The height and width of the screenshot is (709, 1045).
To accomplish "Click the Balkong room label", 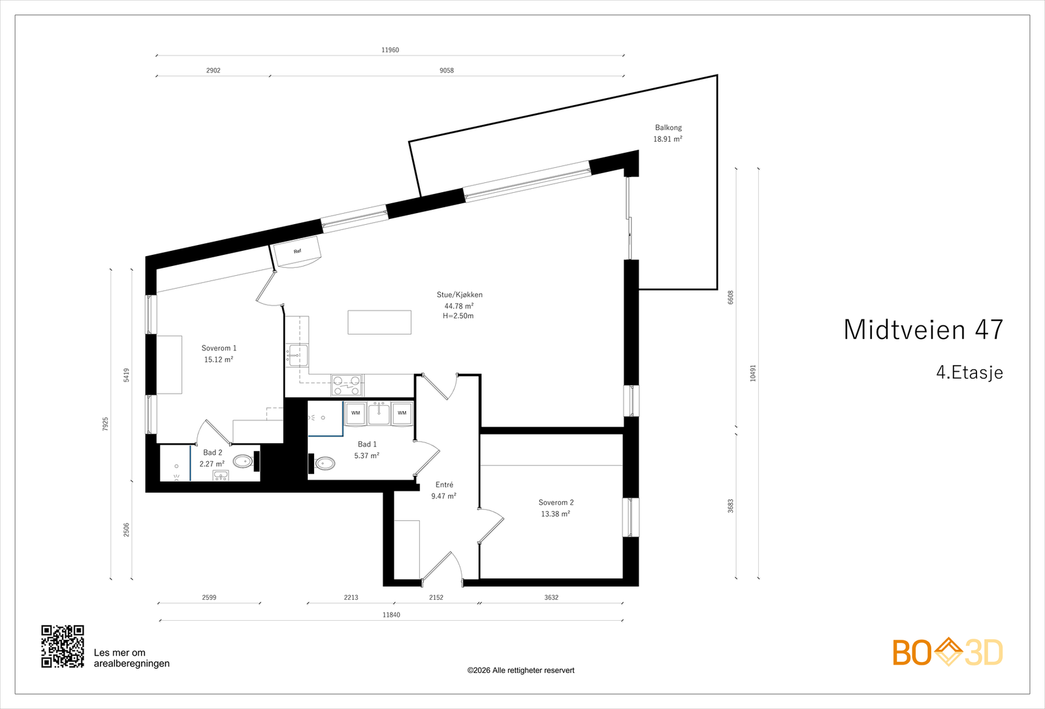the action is tap(668, 127).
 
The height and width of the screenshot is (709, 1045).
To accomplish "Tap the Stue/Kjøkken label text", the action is tap(460, 295).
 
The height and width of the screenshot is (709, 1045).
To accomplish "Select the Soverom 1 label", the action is tap(219, 348).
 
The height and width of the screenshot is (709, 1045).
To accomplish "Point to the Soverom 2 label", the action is tap(556, 503).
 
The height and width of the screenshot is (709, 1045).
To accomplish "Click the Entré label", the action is tap(444, 484).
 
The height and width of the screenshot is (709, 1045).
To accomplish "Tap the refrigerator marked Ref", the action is tap(297, 252).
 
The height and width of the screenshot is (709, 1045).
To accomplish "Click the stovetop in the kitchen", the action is tap(347, 386).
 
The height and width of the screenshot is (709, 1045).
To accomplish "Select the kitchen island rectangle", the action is tap(379, 322).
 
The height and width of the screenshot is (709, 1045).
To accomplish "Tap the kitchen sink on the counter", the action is tap(297, 355).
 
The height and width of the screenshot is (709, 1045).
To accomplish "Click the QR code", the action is tap(63, 646).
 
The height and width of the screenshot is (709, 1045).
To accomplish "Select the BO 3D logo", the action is tap(948, 652).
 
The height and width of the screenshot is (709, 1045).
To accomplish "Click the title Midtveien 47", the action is tap(924, 330).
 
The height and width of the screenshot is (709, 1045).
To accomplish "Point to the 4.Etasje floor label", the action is tap(969, 372).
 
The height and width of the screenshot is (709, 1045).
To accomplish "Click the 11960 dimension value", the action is tap(390, 50).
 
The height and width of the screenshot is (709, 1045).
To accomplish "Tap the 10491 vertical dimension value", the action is tap(753, 373).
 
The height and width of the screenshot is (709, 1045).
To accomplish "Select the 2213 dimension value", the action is tap(351, 597).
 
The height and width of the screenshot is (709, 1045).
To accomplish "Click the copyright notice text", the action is tap(521, 670).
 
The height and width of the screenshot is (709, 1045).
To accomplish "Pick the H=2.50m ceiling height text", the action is tap(458, 316).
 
